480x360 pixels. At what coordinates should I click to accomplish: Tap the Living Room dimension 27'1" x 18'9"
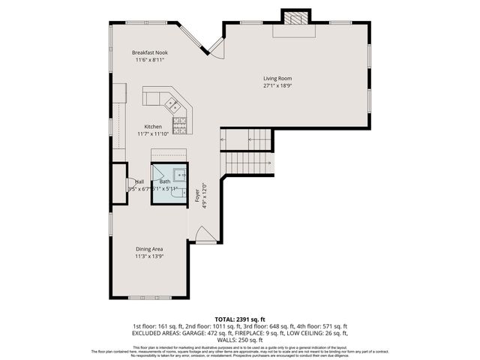pyautogui.click(x=277, y=85)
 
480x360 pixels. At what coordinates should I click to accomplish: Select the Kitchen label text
pyautogui.click(x=153, y=127)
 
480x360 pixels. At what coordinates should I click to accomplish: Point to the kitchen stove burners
pyautogui.click(x=180, y=124)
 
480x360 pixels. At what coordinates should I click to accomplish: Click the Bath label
pyautogui.click(x=164, y=181)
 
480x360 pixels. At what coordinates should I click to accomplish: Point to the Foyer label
pyautogui.click(x=197, y=194)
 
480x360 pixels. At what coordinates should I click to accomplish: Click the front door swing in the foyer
pyautogui.click(x=205, y=235)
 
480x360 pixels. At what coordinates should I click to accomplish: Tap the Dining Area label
pyautogui.click(x=149, y=249)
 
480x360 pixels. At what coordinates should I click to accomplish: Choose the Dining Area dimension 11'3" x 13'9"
pyautogui.click(x=149, y=256)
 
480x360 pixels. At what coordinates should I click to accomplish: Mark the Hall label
pyautogui.click(x=139, y=181)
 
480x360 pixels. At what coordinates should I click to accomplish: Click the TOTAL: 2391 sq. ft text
pyautogui.click(x=240, y=319)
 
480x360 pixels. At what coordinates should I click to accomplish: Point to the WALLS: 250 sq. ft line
pyautogui.click(x=240, y=339)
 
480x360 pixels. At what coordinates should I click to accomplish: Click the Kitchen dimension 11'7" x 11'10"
pyautogui.click(x=153, y=134)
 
